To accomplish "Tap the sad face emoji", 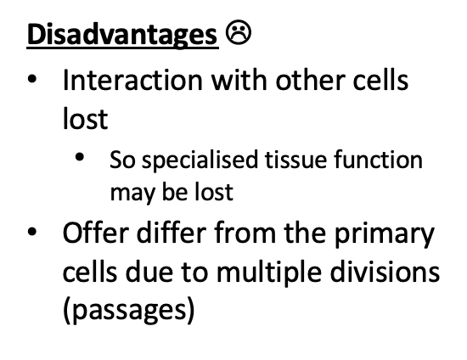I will (238, 36).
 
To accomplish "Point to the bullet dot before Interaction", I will (33, 82).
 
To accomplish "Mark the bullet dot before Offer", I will (33, 233).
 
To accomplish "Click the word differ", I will (165, 233).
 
